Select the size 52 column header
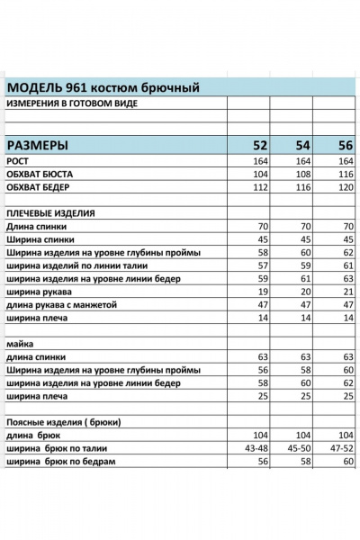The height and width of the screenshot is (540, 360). point(259,144)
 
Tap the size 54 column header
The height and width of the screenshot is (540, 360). point(302,144)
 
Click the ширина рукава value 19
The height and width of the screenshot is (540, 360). point(264,292)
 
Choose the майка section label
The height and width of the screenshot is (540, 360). point(20,344)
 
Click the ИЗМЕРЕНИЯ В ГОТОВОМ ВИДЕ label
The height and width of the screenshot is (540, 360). point(73,103)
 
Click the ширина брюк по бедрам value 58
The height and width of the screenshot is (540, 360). point(306,462)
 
